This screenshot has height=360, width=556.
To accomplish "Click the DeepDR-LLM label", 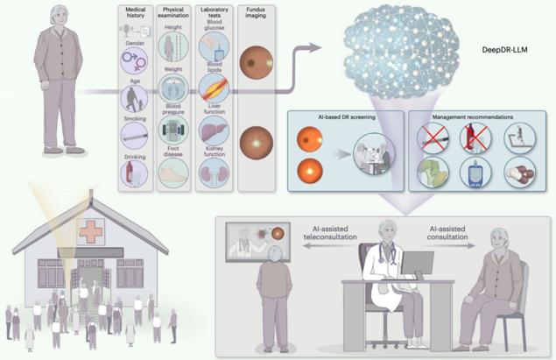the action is point(504,50).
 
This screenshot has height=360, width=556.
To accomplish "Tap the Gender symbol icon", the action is point(134,61).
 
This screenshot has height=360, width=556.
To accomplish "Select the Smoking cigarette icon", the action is point(134,136).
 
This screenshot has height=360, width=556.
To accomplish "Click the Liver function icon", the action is point(214,131).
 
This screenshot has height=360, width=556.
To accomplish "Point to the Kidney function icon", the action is point(214,173).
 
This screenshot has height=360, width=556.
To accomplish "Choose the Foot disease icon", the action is point(173,173).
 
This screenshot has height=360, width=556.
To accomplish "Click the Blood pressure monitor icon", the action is point(173,130).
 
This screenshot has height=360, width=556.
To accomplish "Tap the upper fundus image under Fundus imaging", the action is point(256,62).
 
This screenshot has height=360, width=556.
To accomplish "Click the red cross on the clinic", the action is point(91,231).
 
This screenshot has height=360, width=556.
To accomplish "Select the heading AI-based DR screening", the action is point(347,116).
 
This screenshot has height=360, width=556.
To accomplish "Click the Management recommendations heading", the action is point(473,116).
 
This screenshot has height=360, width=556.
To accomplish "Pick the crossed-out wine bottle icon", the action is point(475,138).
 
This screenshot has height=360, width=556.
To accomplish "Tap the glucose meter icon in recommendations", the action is point(475,173).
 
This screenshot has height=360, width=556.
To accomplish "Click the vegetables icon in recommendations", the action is point(433,173).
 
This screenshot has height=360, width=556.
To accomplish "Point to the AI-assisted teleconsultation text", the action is point(330,233).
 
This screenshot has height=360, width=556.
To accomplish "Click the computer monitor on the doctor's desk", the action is point(418,264).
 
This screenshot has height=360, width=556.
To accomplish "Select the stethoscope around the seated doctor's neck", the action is point(387,252).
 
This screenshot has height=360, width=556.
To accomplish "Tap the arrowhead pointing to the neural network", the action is point(315,48).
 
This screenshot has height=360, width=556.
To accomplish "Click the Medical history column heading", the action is point(135,12).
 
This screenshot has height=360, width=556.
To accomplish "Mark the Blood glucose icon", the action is point(214,46).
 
